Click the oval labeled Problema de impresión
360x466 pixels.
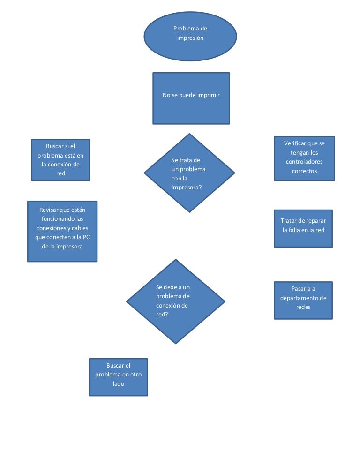pos(190,37)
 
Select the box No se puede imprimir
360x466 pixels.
pos(191,98)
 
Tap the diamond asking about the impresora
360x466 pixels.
pos(189,173)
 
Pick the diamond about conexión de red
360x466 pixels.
pos(176,301)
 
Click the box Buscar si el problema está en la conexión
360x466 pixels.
pos(60,160)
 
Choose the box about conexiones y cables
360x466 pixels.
pos(62,231)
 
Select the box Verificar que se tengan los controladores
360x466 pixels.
pos(304,158)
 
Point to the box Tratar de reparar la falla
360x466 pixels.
pos(303,228)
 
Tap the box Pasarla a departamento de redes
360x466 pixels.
pos(303,300)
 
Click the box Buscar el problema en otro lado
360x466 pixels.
pos(118,377)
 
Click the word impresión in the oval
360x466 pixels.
pos(190,38)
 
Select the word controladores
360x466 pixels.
pos(304,162)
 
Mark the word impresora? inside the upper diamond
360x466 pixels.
pos(187,188)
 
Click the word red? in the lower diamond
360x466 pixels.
pos(162,315)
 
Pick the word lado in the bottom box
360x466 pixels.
pos(118,384)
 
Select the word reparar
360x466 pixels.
pos(315,221)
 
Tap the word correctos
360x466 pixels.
pos(304,171)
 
